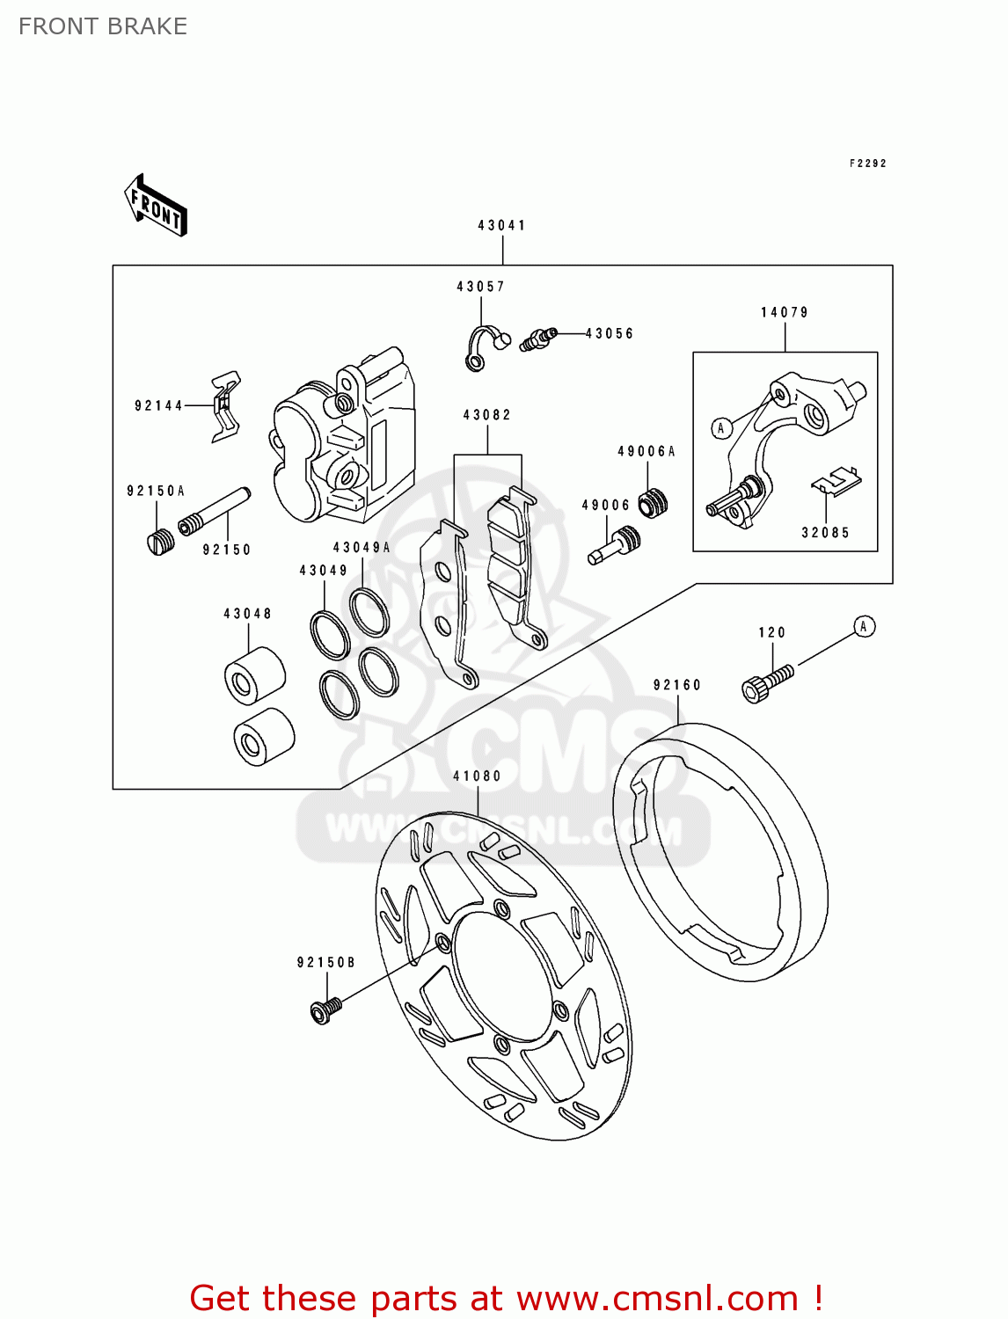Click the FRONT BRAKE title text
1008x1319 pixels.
(103, 26)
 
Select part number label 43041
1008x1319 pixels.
(501, 225)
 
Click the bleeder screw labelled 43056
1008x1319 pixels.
(537, 339)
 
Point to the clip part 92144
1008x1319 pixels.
(225, 406)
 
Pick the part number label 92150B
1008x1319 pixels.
(325, 963)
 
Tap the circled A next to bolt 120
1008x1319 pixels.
(864, 626)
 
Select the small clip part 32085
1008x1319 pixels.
(835, 481)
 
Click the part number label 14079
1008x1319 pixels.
(784, 312)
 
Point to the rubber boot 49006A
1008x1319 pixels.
(653, 502)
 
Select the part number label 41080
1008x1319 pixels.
(477, 776)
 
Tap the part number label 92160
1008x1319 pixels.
(676, 685)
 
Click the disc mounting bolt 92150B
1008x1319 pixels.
(325, 1010)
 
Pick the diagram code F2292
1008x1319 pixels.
(867, 164)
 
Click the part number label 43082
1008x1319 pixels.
(486, 415)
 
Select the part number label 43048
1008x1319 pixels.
(247, 614)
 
